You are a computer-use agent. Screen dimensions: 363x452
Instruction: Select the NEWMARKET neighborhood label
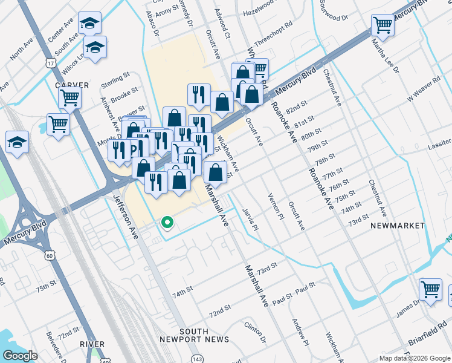tap(398, 225)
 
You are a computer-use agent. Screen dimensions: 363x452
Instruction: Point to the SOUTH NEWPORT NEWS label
tap(186, 335)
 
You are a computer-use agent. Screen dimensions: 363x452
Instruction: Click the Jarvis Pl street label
tap(253, 220)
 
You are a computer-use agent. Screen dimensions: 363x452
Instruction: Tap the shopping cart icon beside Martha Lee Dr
tap(383, 25)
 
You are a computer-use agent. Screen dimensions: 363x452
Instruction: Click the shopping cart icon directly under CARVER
tap(70, 97)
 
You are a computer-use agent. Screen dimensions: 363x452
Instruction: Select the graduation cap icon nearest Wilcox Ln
tap(95, 47)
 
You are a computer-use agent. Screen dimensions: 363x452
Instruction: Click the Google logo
tap(20, 356)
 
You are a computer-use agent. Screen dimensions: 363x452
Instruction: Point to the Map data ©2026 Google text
tap(414, 358)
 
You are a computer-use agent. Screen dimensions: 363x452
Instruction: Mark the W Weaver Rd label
tap(424, 88)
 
